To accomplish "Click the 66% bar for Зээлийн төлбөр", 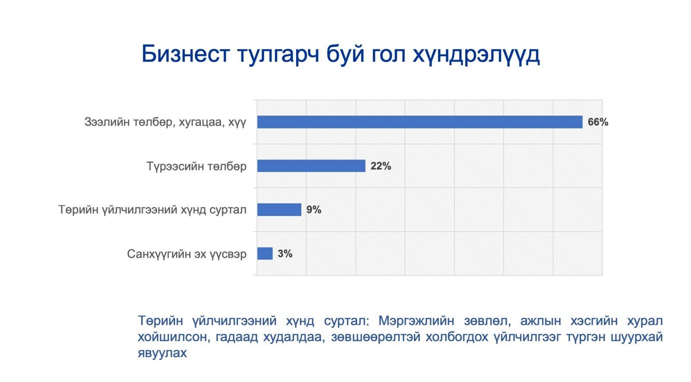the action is [419, 122].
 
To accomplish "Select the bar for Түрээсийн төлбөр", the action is [311, 166].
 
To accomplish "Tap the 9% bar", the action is [279, 209].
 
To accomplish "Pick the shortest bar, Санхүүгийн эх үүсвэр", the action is [265, 254].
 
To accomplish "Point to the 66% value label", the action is [598, 122].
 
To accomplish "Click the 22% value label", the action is [380, 166].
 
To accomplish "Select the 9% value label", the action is [314, 210].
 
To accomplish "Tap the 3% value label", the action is [285, 254].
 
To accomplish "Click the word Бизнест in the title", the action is [186, 54].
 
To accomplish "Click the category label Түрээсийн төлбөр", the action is [197, 166].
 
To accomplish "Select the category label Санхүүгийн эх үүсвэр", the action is [187, 254].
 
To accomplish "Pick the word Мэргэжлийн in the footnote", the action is [416, 321].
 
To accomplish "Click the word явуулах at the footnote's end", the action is [162, 353].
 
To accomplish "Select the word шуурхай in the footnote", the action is [637, 337].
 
